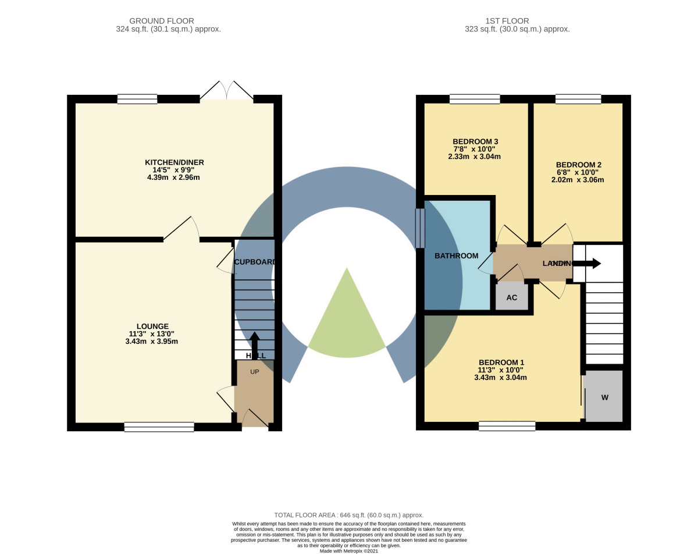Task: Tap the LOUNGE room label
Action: [152, 326]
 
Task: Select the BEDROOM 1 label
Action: [501, 361]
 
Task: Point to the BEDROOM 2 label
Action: [578, 165]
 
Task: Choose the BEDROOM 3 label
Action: [475, 141]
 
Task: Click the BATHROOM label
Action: [456, 255]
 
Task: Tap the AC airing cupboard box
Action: [511, 297]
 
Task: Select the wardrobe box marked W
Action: [604, 397]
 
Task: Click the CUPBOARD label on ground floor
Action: [254, 262]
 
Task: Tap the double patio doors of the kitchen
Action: [227, 91]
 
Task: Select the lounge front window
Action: [159, 427]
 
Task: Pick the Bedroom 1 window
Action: [507, 426]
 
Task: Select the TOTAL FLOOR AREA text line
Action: [349, 515]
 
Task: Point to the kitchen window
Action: [137, 99]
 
